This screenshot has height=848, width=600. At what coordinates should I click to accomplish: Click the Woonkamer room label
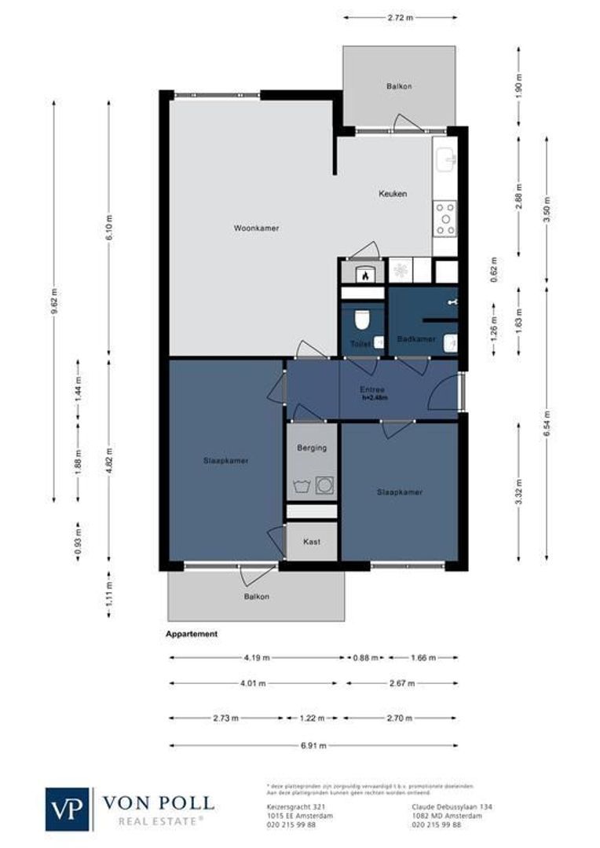256,228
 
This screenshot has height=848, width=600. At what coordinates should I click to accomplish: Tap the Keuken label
393,194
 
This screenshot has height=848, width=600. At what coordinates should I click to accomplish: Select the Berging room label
311,448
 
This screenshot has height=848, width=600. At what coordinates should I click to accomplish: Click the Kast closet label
311,542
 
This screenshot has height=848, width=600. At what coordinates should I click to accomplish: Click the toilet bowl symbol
362,320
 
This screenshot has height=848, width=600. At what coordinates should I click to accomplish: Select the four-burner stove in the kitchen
445,219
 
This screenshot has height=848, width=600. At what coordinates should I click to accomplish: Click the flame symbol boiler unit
364,275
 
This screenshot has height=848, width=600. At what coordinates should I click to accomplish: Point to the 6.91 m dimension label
313,744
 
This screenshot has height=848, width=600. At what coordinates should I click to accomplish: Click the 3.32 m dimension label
519,492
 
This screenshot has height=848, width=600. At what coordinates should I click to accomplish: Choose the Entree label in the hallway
372,389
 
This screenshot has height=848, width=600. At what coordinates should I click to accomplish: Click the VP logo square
68,809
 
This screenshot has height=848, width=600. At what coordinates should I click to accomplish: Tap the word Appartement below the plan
192,634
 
